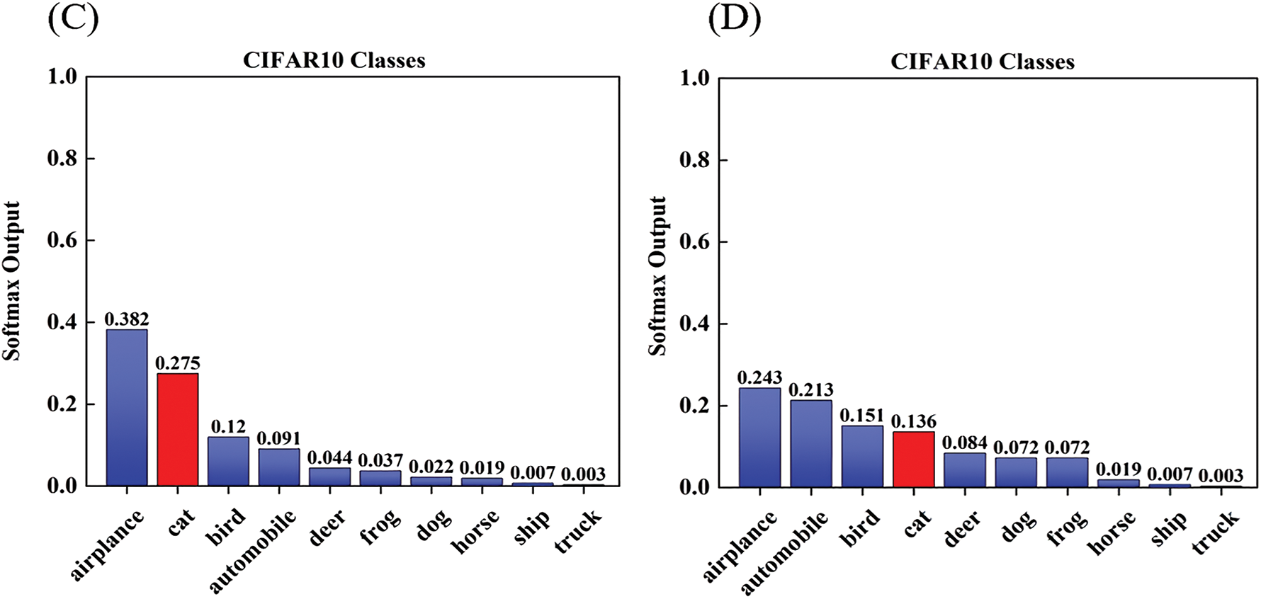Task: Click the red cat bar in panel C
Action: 177,429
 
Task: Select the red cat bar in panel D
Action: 913,459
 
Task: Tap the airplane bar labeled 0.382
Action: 127,407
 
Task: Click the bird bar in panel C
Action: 228,461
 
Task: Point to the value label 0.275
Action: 177,363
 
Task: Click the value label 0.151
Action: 862,416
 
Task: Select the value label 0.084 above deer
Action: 964,443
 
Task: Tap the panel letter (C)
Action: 72,18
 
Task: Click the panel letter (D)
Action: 734,19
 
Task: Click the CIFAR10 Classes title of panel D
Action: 982,62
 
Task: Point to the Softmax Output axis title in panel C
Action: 12,281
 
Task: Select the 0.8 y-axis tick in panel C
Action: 62,159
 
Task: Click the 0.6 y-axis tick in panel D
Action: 694,242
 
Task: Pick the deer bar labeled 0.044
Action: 329,477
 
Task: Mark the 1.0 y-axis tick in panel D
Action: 694,78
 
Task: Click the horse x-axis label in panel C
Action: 475,532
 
